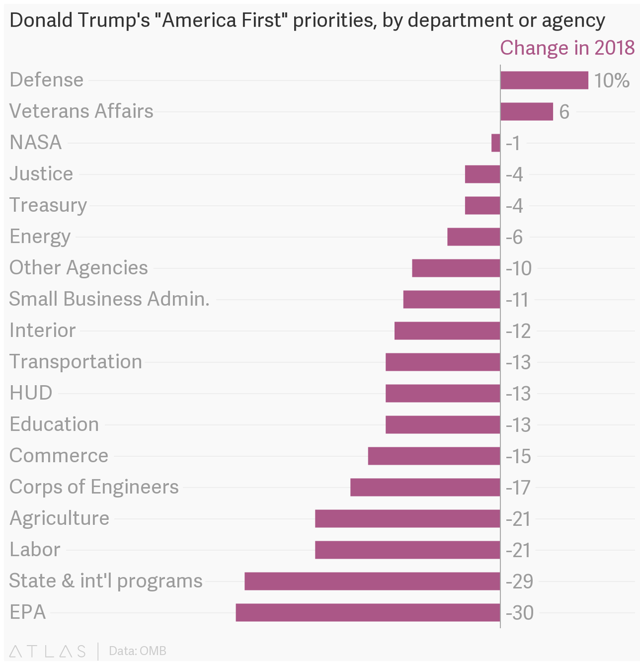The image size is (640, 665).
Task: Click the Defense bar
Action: click(x=544, y=80)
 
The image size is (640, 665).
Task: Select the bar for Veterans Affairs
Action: click(x=526, y=111)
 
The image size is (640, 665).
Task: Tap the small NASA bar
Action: click(x=495, y=143)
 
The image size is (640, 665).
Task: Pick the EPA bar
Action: click(x=367, y=612)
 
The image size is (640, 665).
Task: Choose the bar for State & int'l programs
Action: click(x=372, y=581)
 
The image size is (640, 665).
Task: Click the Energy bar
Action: click(x=473, y=237)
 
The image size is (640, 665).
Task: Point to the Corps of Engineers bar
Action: click(x=425, y=487)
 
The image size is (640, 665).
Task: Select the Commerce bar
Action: click(x=434, y=456)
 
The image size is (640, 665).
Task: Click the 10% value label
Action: click(x=612, y=81)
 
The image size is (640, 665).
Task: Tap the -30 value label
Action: click(x=520, y=613)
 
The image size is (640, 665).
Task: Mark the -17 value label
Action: click(x=519, y=488)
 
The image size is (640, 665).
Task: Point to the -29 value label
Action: click(x=520, y=581)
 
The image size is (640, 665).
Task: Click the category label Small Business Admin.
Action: click(x=109, y=299)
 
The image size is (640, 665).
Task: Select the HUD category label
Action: click(x=31, y=393)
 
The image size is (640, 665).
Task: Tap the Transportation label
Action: click(x=76, y=362)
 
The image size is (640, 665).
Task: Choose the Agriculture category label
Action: click(x=59, y=518)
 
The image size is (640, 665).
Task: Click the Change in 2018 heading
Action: click(x=567, y=48)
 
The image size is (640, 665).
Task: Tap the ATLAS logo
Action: click(x=48, y=651)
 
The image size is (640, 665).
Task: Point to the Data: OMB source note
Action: click(x=137, y=651)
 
